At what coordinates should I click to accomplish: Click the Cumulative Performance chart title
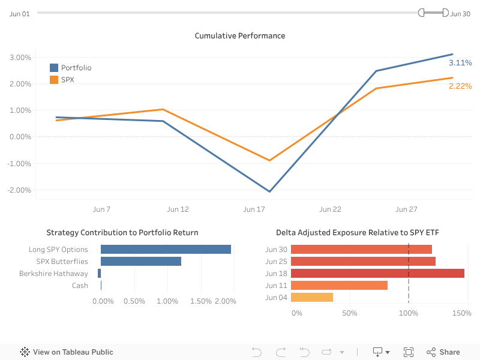tap(240, 36)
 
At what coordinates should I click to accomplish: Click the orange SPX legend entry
tap(67, 80)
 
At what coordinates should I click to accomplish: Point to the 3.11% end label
tap(460, 62)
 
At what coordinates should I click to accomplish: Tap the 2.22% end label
tap(460, 86)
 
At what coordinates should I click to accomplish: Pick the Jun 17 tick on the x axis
tap(254, 209)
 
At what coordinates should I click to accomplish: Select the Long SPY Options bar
tap(166, 250)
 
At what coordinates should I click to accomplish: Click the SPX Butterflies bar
tap(141, 262)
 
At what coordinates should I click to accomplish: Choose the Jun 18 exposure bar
tap(377, 274)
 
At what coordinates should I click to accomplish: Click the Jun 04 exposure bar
tap(312, 298)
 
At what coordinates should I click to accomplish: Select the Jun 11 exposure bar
tap(339, 286)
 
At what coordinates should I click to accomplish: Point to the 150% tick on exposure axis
tap(461, 313)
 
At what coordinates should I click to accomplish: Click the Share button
tap(443, 352)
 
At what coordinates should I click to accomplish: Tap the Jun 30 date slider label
tap(460, 13)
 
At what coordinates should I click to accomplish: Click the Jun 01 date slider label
tap(20, 13)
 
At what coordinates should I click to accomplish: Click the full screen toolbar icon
tap(409, 352)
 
